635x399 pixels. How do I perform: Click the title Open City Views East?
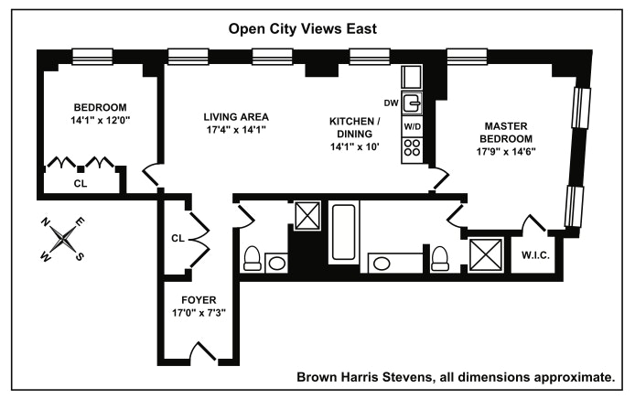tap(301, 29)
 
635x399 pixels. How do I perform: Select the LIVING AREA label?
tap(235, 116)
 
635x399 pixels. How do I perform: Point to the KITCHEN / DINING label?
tap(354, 127)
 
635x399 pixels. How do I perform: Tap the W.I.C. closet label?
tap(535, 255)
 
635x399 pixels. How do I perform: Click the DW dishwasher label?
tap(392, 102)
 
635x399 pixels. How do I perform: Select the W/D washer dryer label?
tap(412, 125)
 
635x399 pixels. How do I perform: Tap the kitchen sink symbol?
tap(412, 102)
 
